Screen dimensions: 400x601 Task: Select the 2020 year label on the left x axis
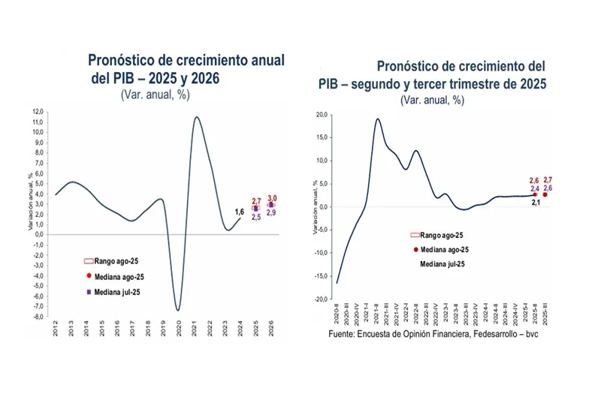click(179, 331)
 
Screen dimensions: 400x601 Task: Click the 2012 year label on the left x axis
click(56, 331)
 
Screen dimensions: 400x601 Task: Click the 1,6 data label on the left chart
click(240, 212)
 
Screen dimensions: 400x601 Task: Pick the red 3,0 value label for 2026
click(272, 198)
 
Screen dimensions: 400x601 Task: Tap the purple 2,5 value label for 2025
click(256, 217)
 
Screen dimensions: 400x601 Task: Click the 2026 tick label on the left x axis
click(272, 331)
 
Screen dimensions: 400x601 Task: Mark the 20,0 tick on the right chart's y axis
click(322, 115)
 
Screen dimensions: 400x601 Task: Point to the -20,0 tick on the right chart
click(321, 299)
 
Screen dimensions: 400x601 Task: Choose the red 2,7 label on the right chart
click(548, 180)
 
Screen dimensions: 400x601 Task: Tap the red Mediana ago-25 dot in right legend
click(415, 249)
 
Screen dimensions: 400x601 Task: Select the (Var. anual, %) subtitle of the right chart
click(432, 99)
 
